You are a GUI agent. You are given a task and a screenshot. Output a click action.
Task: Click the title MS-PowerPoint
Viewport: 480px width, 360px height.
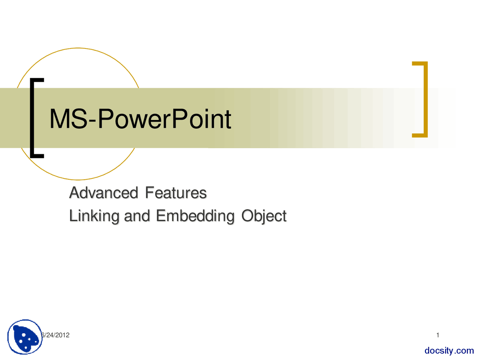pos(140,119)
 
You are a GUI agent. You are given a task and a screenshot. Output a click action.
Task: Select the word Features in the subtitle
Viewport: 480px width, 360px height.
pos(176,193)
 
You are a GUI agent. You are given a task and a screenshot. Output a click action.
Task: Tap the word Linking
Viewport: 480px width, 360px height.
pos(94,216)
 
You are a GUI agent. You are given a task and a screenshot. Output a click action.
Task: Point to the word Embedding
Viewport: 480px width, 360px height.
pos(195,216)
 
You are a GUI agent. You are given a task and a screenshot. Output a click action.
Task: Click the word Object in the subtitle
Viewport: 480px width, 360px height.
pos(264,216)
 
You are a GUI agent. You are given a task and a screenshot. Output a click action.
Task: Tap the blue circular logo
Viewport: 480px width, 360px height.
pos(25,337)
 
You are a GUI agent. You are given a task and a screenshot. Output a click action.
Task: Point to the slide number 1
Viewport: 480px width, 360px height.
pos(438,335)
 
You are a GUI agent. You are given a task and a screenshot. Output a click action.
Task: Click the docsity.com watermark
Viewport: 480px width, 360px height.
pos(449,351)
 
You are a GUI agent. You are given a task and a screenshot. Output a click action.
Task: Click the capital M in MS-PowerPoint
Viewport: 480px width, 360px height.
pos(58,119)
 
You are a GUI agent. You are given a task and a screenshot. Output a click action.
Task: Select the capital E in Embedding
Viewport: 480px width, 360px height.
pos(161,216)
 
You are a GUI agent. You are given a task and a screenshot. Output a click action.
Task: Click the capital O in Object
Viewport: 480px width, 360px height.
pos(247,216)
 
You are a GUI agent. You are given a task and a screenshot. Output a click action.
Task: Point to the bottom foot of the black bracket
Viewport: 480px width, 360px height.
pos(37,155)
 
